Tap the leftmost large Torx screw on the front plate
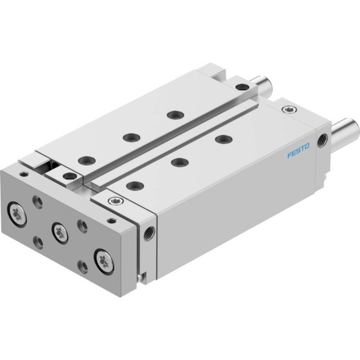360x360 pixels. click(x=17, y=215)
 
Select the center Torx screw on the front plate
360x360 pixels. click(x=60, y=233)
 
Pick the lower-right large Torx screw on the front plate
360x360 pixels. click(x=104, y=262)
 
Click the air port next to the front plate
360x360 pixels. click(x=149, y=234)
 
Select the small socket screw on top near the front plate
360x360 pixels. click(x=115, y=201)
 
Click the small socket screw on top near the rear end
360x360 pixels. click(x=289, y=109)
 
